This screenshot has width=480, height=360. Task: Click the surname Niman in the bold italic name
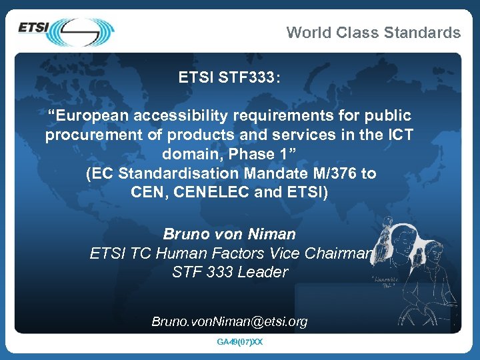(x=271, y=234)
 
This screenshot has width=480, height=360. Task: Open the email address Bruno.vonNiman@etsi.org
(x=229, y=321)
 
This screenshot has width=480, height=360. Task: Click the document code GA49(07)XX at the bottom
(x=240, y=342)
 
